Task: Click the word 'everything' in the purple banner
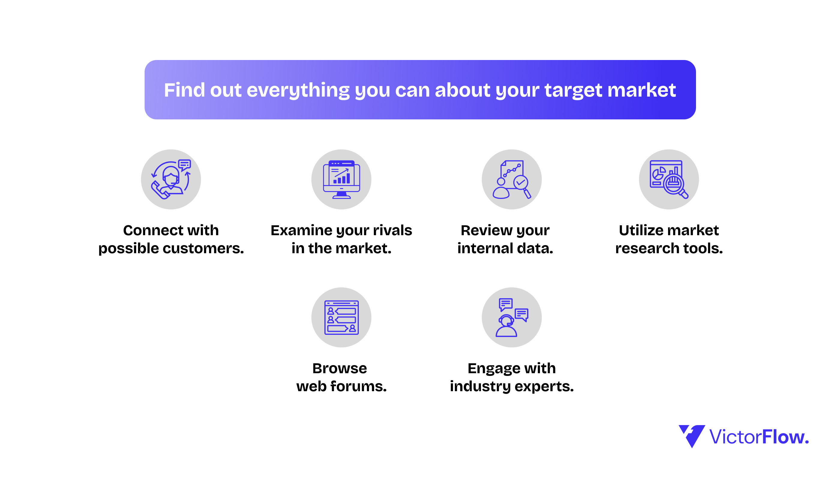[x=298, y=91]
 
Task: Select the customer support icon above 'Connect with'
[x=171, y=179]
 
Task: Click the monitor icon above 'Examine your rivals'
[x=341, y=179]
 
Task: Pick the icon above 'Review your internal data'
[x=511, y=179]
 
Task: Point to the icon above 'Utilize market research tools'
[x=669, y=179]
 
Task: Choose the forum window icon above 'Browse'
[x=341, y=317]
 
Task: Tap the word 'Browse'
[x=340, y=368]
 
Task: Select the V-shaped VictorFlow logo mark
[x=691, y=436]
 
